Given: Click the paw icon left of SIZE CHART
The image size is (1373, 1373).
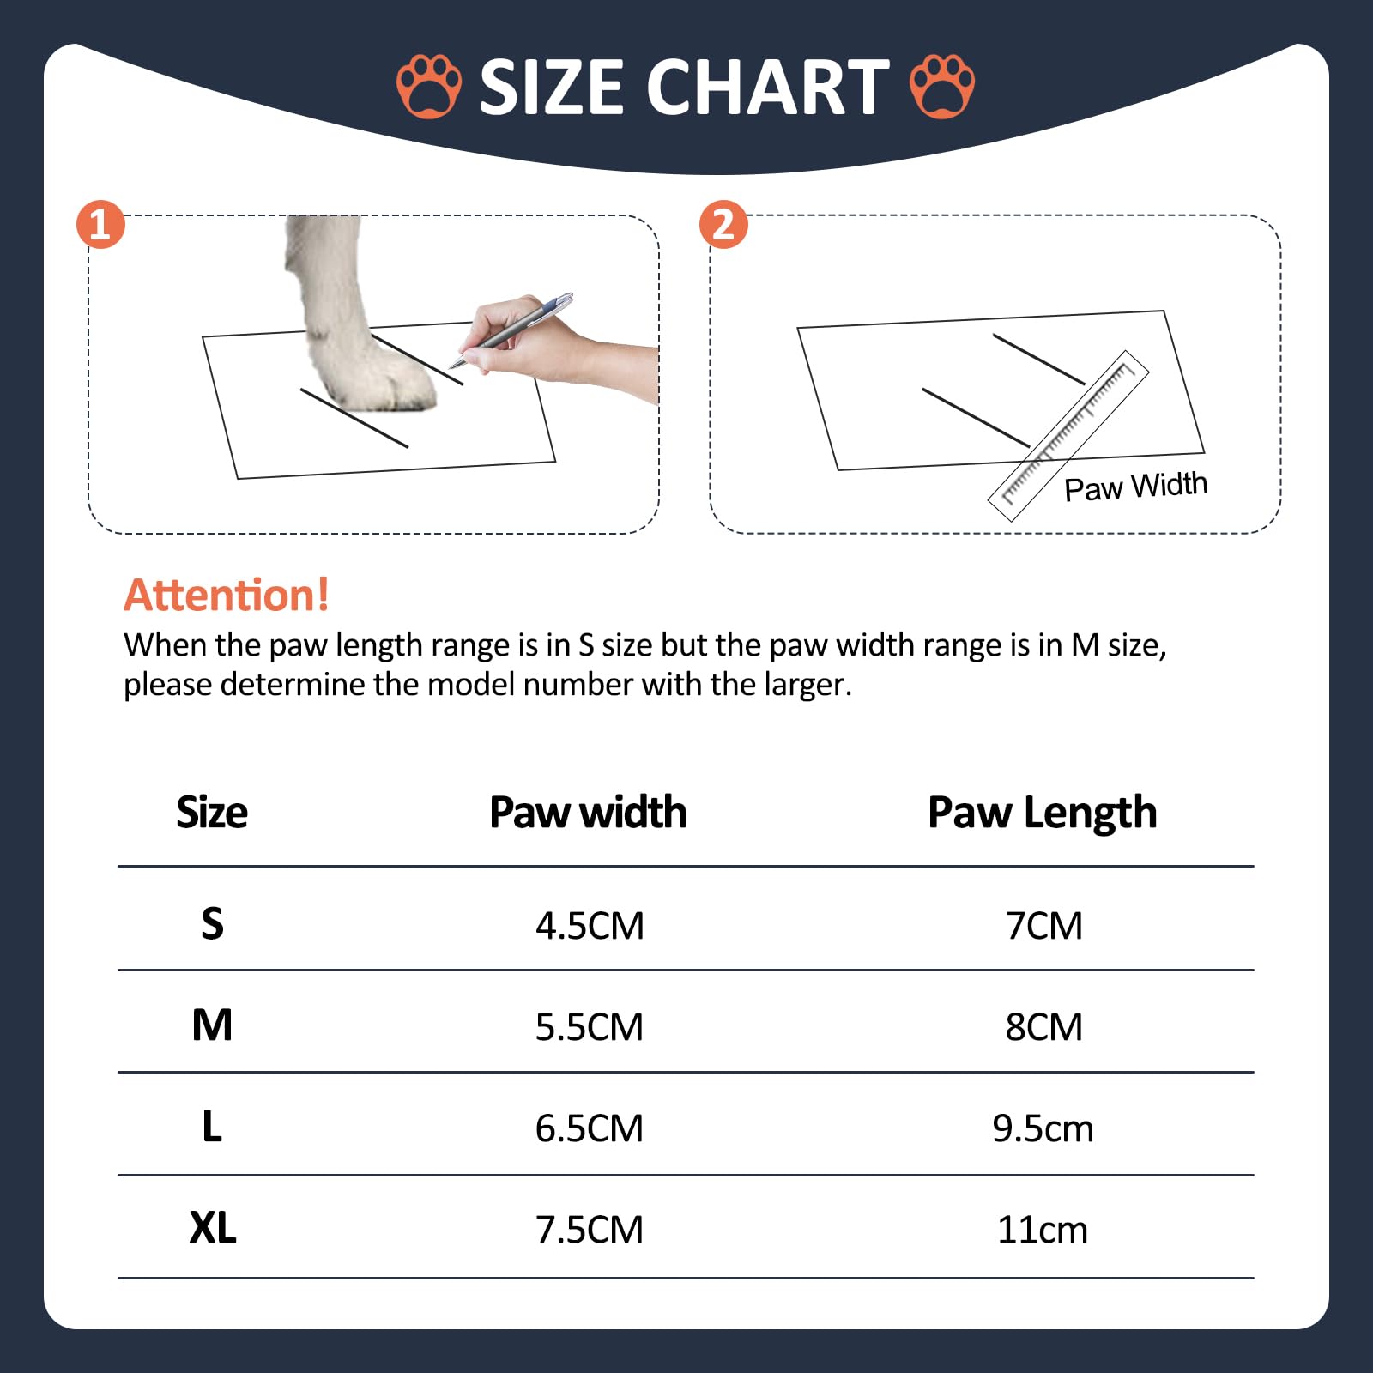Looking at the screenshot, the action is (429, 87).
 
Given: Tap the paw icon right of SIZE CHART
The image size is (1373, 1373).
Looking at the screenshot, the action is (942, 87).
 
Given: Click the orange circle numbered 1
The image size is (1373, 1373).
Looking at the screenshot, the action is (101, 225).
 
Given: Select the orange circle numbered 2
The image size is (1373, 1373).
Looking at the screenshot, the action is (723, 225).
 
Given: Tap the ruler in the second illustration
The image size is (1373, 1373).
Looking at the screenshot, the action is (1068, 435).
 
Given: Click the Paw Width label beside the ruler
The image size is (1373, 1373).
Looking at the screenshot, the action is (1135, 487).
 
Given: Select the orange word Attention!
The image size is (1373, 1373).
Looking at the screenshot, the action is (227, 595).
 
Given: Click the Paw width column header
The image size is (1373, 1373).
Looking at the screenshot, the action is (588, 812).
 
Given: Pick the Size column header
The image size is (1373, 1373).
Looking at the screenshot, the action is (212, 813).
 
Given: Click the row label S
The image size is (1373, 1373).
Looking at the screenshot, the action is (212, 924).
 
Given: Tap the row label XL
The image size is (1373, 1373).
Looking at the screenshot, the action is (213, 1228).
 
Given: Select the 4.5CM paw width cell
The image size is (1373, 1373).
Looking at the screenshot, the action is (590, 926).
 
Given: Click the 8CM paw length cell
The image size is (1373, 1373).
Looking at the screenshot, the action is (1043, 1027).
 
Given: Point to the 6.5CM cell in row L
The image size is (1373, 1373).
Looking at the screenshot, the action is (590, 1128).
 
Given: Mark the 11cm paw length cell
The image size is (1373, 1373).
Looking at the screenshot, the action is (1043, 1230).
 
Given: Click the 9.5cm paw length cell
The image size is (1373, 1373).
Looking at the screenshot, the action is (1043, 1128).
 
